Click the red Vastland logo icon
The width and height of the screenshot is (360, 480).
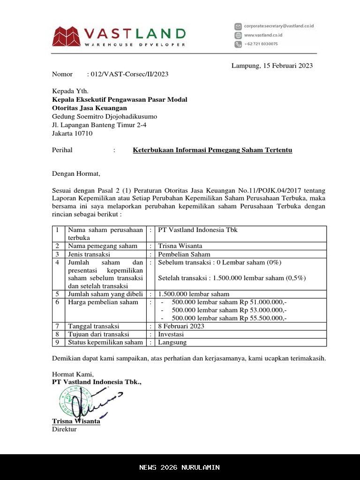[x=66, y=37]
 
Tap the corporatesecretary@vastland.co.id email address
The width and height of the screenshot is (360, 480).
[x=278, y=26]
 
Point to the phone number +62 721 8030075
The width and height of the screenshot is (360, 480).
[x=261, y=44]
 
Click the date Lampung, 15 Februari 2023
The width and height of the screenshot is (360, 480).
[x=272, y=66]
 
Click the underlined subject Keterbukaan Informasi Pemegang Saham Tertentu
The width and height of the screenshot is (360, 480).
[x=212, y=150]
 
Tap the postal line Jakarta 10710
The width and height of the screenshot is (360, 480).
[x=72, y=133]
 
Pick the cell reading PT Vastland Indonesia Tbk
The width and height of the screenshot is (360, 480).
[x=198, y=230]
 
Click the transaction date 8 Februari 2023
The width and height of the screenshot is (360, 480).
[x=181, y=326]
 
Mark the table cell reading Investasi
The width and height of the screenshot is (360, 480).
[x=171, y=334]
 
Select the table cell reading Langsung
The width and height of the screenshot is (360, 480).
[x=172, y=342]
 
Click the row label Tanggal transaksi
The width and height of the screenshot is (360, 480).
[x=93, y=326]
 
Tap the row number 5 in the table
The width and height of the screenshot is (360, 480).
[x=57, y=294]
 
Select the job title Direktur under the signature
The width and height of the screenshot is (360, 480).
[x=64, y=429]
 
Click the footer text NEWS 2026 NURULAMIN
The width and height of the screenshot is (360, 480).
[x=180, y=467]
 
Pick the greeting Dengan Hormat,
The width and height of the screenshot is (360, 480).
[x=76, y=174]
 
